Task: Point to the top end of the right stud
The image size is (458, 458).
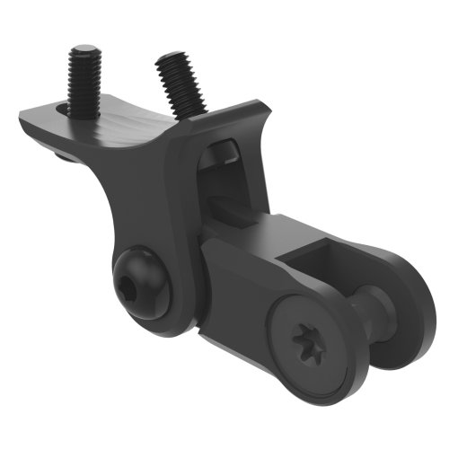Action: tap(168, 60)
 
